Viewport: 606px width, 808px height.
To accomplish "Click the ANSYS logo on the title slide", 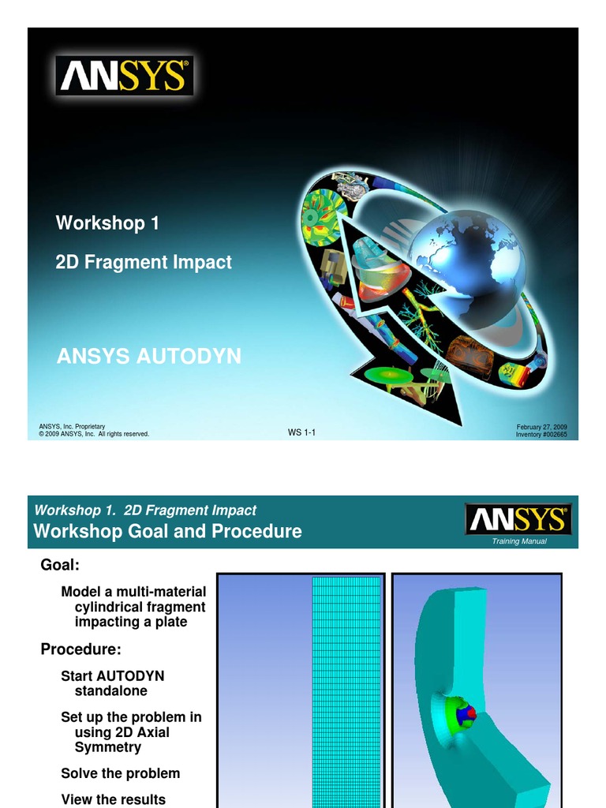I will pyautogui.click(x=124, y=76).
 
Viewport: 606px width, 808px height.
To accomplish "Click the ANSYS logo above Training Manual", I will pyautogui.click(x=518, y=520).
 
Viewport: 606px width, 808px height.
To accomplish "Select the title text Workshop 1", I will pyautogui.click(x=107, y=223).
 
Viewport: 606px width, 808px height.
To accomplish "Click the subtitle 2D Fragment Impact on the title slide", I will pyautogui.click(x=144, y=262).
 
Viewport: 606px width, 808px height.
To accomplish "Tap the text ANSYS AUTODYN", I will pyautogui.click(x=148, y=357).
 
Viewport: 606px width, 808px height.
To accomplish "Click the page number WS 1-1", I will pyautogui.click(x=302, y=432).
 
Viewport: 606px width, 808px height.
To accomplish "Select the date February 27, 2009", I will pyautogui.click(x=541, y=427).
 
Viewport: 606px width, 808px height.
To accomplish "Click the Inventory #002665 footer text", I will pyautogui.click(x=541, y=435).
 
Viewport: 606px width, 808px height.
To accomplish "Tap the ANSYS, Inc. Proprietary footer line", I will pyautogui.click(x=72, y=427).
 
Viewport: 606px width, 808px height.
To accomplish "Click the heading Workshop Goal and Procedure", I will pyautogui.click(x=167, y=531).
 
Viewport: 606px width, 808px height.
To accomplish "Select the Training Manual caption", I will pyautogui.click(x=519, y=541).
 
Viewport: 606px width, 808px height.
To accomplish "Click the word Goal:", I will pyautogui.click(x=60, y=565).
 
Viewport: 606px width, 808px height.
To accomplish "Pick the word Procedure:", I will pyautogui.click(x=81, y=649).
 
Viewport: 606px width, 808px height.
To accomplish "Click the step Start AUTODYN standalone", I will pyautogui.click(x=112, y=683).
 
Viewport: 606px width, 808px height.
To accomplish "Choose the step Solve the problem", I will pyautogui.click(x=120, y=773).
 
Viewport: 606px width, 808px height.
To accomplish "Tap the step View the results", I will pyautogui.click(x=113, y=799).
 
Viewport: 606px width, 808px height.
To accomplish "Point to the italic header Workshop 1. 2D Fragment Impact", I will pyautogui.click(x=145, y=511).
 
